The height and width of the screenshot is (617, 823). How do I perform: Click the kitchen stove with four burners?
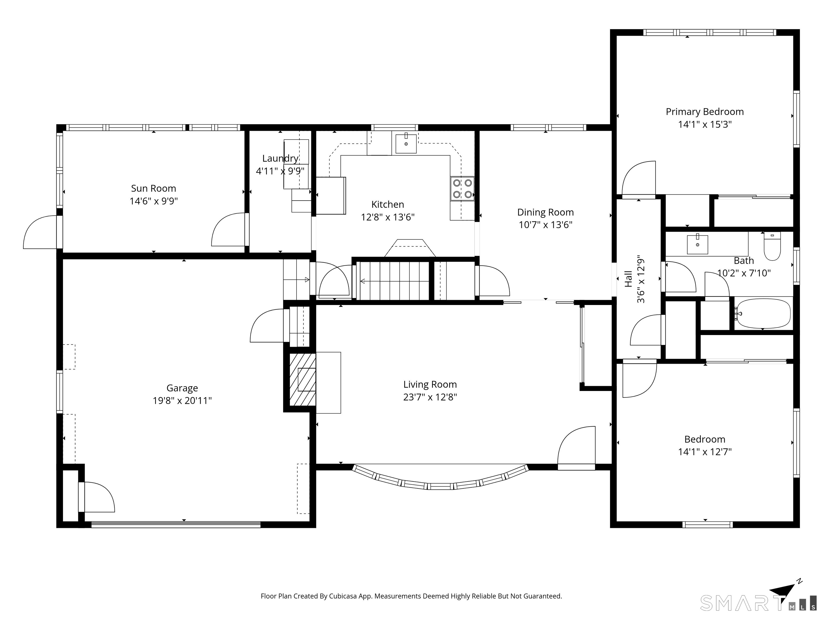pos(462,189)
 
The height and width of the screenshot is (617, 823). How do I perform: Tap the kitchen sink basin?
pos(406,144)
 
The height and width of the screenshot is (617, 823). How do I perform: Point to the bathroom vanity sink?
pos(697,244)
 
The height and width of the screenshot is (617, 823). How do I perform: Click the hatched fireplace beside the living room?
pos(303,379)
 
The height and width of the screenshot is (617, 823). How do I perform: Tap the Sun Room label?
pos(153,188)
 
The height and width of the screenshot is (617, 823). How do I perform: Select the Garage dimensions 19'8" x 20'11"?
pos(182,401)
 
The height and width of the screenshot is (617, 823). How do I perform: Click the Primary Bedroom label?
pos(705,112)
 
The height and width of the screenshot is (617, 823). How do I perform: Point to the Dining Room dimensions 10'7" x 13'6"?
pos(545,225)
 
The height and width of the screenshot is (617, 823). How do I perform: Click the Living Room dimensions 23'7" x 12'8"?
pos(430,397)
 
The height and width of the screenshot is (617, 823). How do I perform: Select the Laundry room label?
pos(280,159)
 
